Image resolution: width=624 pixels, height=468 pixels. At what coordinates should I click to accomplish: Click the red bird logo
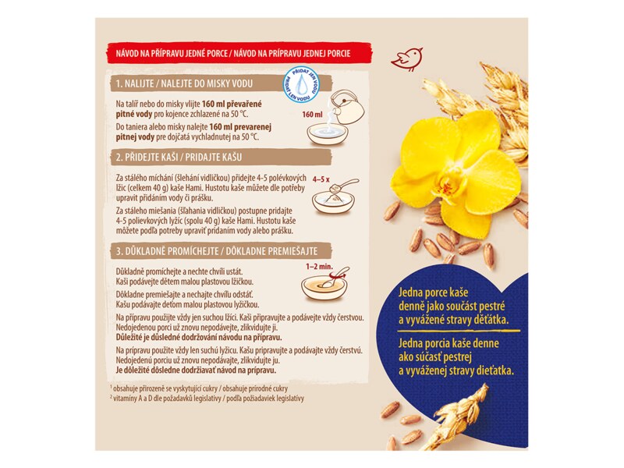(x=406, y=59)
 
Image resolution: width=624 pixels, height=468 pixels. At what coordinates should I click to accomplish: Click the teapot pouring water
(x=346, y=106)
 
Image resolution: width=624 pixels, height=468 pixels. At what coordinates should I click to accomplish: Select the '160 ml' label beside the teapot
(x=313, y=115)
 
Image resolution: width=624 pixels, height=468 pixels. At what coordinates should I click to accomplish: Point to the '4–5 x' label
(x=321, y=179)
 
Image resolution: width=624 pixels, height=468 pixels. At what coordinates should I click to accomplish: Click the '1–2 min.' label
(x=319, y=267)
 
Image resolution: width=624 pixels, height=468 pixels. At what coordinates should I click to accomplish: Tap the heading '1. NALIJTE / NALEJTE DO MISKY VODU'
(x=184, y=83)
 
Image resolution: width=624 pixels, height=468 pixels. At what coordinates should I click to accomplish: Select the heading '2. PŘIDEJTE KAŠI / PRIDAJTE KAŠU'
(x=179, y=158)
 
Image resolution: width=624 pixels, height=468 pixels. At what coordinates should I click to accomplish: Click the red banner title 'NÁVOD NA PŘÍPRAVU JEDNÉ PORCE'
(x=172, y=53)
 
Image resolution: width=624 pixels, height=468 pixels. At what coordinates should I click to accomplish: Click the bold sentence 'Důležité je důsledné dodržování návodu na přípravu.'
(x=199, y=338)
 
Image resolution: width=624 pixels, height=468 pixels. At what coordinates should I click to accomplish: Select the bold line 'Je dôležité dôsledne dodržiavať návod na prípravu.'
(x=196, y=370)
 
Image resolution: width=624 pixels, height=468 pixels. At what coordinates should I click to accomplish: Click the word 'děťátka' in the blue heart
(x=491, y=320)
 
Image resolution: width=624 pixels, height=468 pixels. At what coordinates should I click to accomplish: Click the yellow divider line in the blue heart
(x=459, y=331)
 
